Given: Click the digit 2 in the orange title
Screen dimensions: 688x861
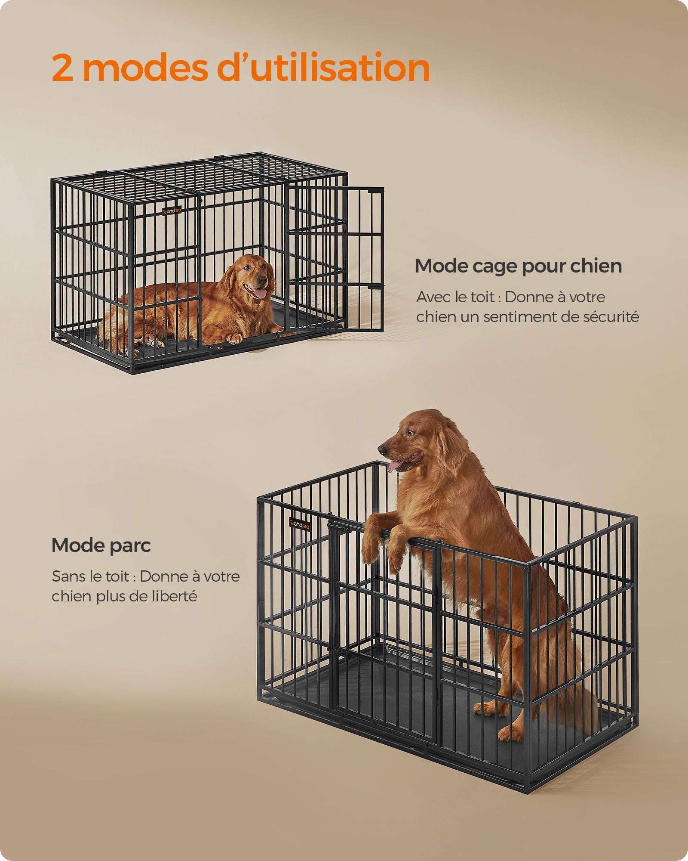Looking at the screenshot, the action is [x=62, y=68].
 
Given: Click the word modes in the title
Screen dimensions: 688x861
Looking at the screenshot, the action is [x=145, y=68].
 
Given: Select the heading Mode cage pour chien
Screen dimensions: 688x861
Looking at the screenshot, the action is [x=518, y=266].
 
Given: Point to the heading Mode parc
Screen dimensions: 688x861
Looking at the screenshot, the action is [x=101, y=546].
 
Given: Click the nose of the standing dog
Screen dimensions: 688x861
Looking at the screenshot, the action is [x=382, y=449].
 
